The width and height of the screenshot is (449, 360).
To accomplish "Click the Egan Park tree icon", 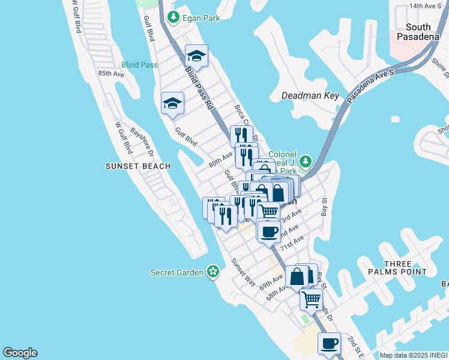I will tap(174, 18).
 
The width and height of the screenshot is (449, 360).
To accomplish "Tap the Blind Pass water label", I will tap(139, 64).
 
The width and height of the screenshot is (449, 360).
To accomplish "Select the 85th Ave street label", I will tap(111, 73).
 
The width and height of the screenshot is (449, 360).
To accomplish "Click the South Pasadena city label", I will tap(418, 32).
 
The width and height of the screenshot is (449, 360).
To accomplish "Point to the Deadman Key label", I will tap(310, 95).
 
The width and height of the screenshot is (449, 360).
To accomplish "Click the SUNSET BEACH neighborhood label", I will tap(137, 166).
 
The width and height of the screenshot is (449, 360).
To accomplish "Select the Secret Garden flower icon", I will tap(212, 272).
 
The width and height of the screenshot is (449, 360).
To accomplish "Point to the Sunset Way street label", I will tap(244, 272).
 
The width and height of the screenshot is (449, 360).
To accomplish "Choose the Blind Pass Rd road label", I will tap(199, 88).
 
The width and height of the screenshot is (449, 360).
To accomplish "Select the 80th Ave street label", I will tap(220, 160).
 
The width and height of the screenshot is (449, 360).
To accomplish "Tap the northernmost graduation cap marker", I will tap(196, 56).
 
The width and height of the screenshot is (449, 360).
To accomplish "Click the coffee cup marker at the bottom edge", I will tap(328, 344).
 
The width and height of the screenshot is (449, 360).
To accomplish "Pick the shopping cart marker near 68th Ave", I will tap(311, 298).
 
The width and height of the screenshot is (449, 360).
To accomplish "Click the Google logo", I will tap(20, 353).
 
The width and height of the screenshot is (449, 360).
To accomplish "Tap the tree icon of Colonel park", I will tap(306, 161).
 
